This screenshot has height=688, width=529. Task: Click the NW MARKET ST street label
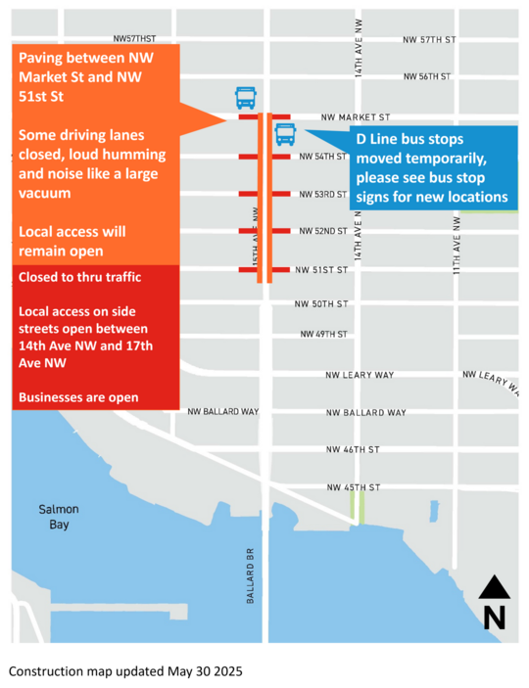(x=355, y=116)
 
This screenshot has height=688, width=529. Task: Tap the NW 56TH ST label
(x=426, y=76)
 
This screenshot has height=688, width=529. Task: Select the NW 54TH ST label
(x=323, y=157)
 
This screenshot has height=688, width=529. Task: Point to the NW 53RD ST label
(x=323, y=195)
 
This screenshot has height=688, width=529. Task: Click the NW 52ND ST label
(x=323, y=231)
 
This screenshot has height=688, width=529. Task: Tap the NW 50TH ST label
(x=321, y=304)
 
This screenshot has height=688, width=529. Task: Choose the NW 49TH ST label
(x=323, y=335)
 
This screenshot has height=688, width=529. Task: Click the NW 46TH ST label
(x=353, y=450)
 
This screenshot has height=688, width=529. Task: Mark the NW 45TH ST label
(x=353, y=487)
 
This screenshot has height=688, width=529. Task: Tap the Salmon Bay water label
(x=59, y=517)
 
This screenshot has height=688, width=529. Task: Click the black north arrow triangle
(x=495, y=587)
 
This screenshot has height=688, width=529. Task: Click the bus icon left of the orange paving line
(x=246, y=97)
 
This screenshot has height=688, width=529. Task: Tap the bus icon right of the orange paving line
(x=285, y=134)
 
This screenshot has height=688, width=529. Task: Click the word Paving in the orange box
(x=44, y=57)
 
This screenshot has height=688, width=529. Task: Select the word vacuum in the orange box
(x=45, y=194)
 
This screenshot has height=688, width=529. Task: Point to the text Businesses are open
(x=78, y=397)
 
